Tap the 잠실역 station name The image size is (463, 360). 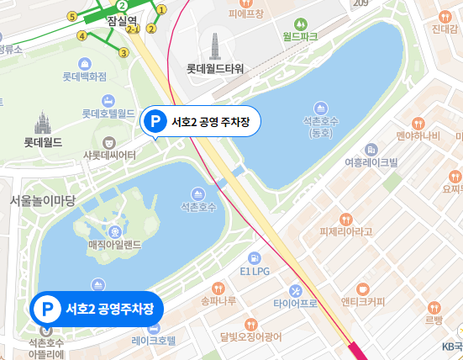coord(123,22)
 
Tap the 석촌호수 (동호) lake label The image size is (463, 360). coord(321,126)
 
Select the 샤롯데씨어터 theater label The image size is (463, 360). coord(109,155)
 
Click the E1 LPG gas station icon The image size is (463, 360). coord(253,257)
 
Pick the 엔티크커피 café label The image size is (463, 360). coord(363,301)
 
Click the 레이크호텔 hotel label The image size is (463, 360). coord(154,341)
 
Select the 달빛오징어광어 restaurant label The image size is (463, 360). coord(251,338)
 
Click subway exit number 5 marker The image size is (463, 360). coord(71,16)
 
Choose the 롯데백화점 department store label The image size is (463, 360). coord(85,77)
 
